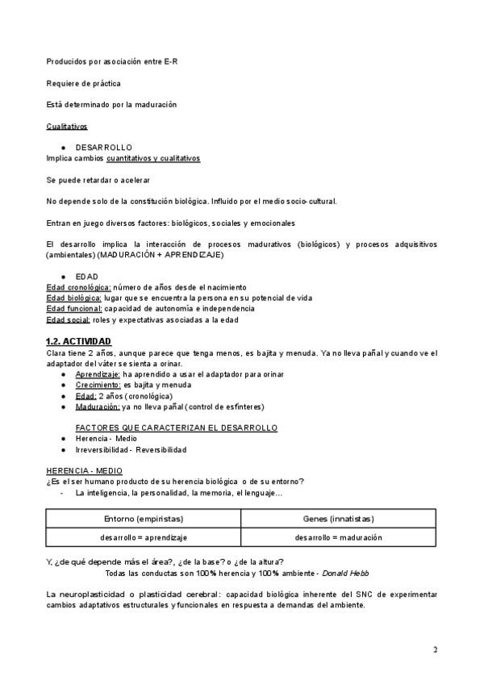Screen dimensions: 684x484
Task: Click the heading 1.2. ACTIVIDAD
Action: pos(78,341)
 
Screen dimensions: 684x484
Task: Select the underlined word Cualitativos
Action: pos(66,127)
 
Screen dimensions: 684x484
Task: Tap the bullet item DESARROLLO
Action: pos(103,148)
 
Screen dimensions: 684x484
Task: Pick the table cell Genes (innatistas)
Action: pos(339,519)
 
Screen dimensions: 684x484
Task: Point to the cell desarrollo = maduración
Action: pos(339,537)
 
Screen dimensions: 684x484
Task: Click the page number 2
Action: pos(435,649)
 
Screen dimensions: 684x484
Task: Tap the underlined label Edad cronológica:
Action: pos(78,287)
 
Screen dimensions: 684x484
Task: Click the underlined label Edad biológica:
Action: pos(75,298)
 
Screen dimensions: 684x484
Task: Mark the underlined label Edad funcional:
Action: pos(74,308)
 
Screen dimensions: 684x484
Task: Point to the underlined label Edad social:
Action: pos(68,319)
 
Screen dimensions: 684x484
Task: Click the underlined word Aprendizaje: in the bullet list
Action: pos(98,374)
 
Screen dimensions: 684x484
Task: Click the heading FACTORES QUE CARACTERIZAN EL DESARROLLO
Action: pos(176,427)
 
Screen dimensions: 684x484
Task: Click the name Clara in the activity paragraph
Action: pos(57,352)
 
